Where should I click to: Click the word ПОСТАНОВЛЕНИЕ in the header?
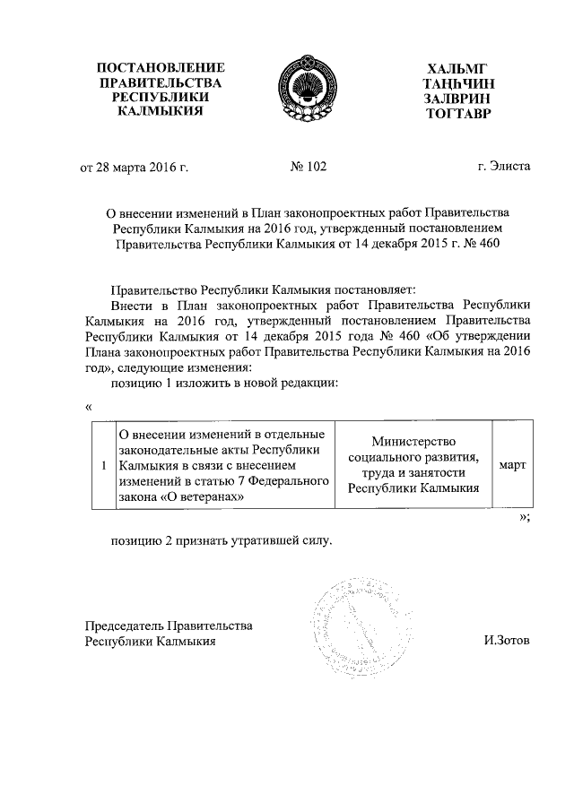click(161, 68)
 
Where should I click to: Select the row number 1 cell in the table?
click(105, 465)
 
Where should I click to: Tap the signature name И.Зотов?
click(506, 642)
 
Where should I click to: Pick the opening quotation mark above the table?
click(88, 406)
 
